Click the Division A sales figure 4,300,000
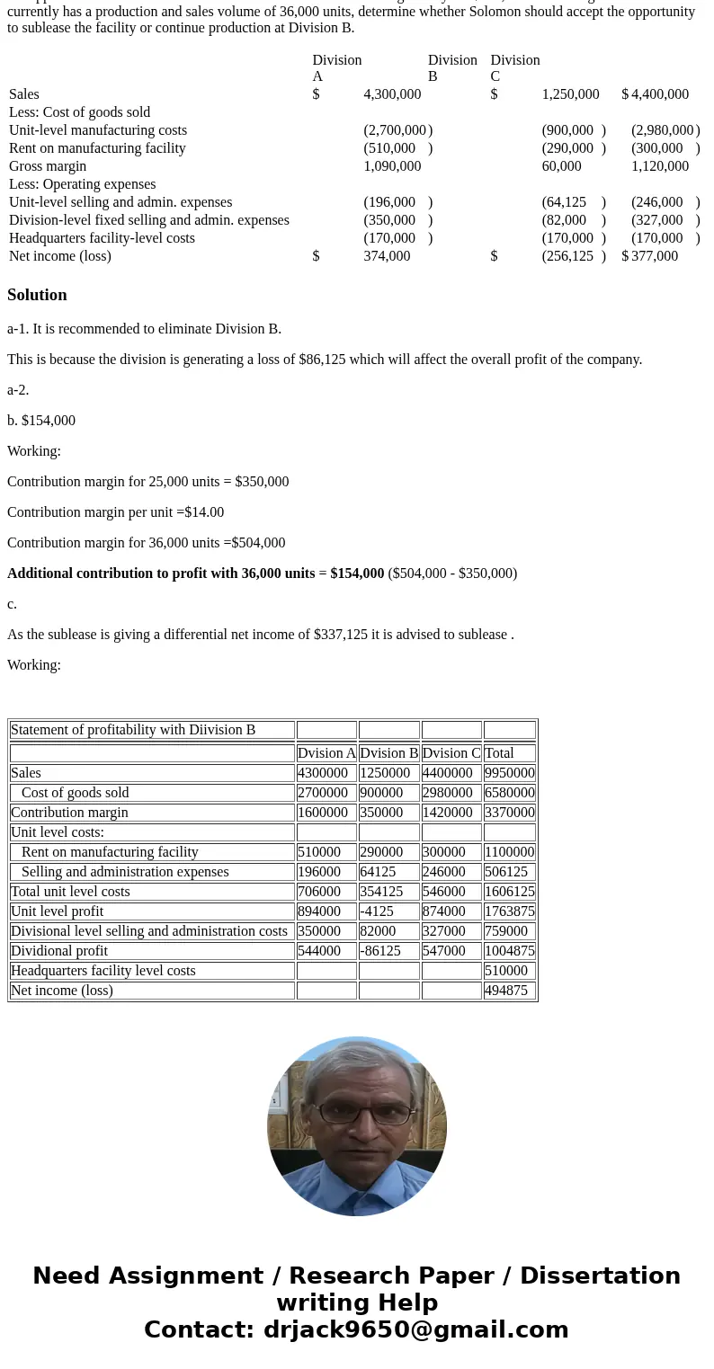392,94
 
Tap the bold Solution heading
37,295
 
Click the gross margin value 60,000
561,166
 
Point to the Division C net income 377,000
655,256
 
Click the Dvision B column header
388,753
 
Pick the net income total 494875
506,991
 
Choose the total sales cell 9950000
509,773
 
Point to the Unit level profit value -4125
377,911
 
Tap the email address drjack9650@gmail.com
415,1330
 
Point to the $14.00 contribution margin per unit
204,512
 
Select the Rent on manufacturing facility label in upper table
97,148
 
